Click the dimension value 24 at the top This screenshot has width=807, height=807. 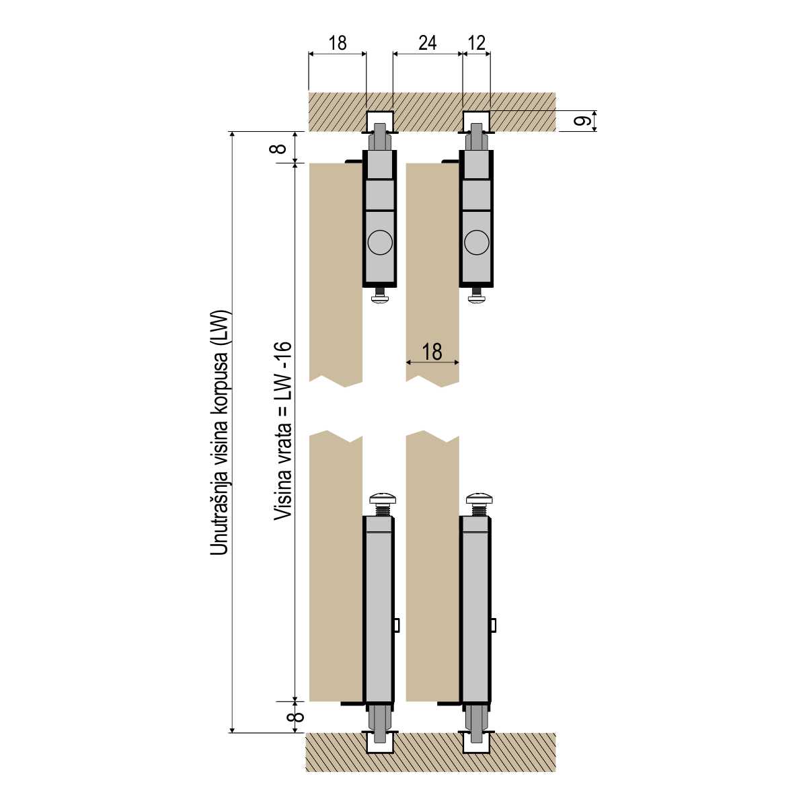tap(427, 43)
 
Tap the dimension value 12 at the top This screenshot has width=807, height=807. tap(476, 43)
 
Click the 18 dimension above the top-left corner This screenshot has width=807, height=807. tap(338, 43)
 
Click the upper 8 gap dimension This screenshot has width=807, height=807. tap(279, 148)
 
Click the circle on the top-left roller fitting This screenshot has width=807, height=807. tap(380, 243)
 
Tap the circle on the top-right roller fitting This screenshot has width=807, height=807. tap(477, 243)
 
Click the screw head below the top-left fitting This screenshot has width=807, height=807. tap(380, 299)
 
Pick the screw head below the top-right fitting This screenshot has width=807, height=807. tap(477, 299)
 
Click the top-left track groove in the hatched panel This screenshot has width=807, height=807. tap(380, 121)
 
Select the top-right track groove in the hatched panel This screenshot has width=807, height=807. tap(477, 121)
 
